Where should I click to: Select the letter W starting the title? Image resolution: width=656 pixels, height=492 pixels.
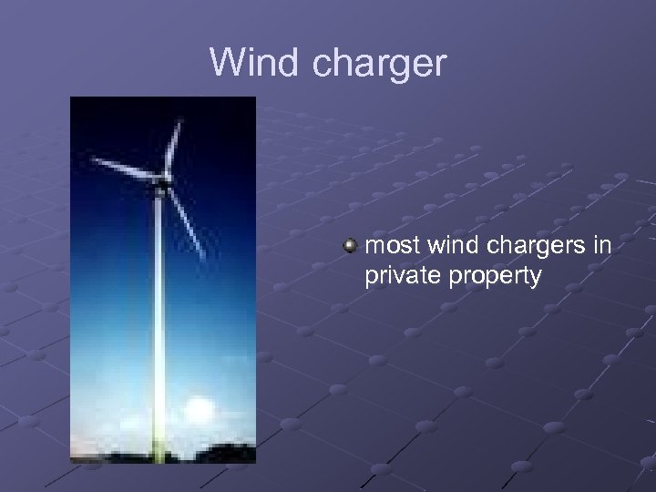227,63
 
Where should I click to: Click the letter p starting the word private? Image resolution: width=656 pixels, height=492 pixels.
370,277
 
